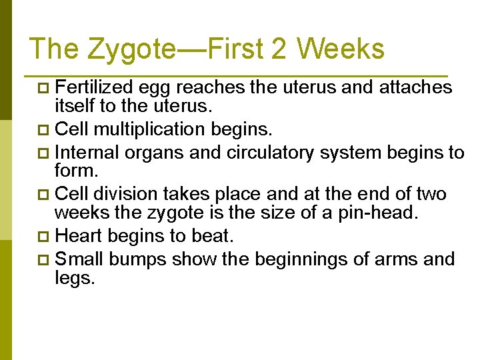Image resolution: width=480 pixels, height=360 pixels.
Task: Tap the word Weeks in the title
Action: click(x=341, y=49)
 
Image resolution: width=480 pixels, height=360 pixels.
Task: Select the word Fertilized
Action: click(x=95, y=87)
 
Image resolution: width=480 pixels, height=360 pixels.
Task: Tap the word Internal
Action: click(x=87, y=153)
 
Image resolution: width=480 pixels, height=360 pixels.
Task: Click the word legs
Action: click(x=75, y=279)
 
